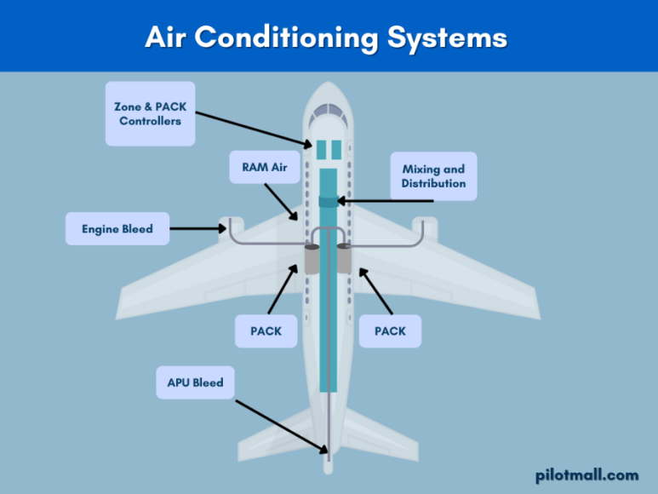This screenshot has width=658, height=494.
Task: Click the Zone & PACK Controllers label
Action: click(150, 113)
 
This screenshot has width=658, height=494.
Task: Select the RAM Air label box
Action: click(265, 167)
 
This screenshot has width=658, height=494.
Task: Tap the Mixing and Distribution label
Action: click(433, 176)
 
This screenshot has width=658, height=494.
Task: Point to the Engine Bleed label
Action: click(117, 228)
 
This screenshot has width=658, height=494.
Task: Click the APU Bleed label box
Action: click(195, 382)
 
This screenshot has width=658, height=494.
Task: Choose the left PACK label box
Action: click(265, 330)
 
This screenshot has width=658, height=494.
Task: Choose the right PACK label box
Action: click(390, 330)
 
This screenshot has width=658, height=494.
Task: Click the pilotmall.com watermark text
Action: click(586, 474)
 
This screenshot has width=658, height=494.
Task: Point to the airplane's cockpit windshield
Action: click(328, 112)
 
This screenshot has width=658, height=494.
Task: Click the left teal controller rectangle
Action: click(322, 150)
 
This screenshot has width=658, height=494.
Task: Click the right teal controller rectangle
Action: click(335, 150)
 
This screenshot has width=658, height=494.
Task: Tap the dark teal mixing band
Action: click(329, 202)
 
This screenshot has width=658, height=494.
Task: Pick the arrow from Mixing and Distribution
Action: click(387, 202)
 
